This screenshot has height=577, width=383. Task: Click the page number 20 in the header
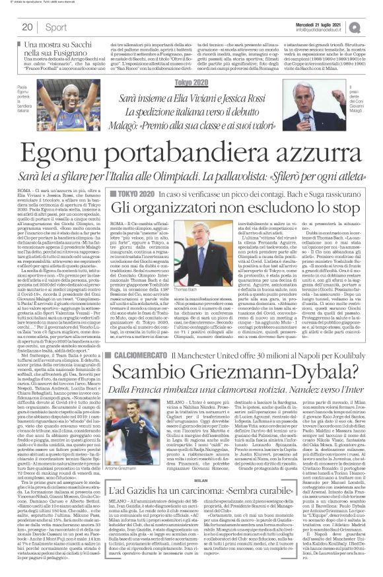click(28, 27)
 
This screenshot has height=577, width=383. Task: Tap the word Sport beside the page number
click(57, 27)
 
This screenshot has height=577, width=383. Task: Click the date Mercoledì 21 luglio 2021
click(315, 23)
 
